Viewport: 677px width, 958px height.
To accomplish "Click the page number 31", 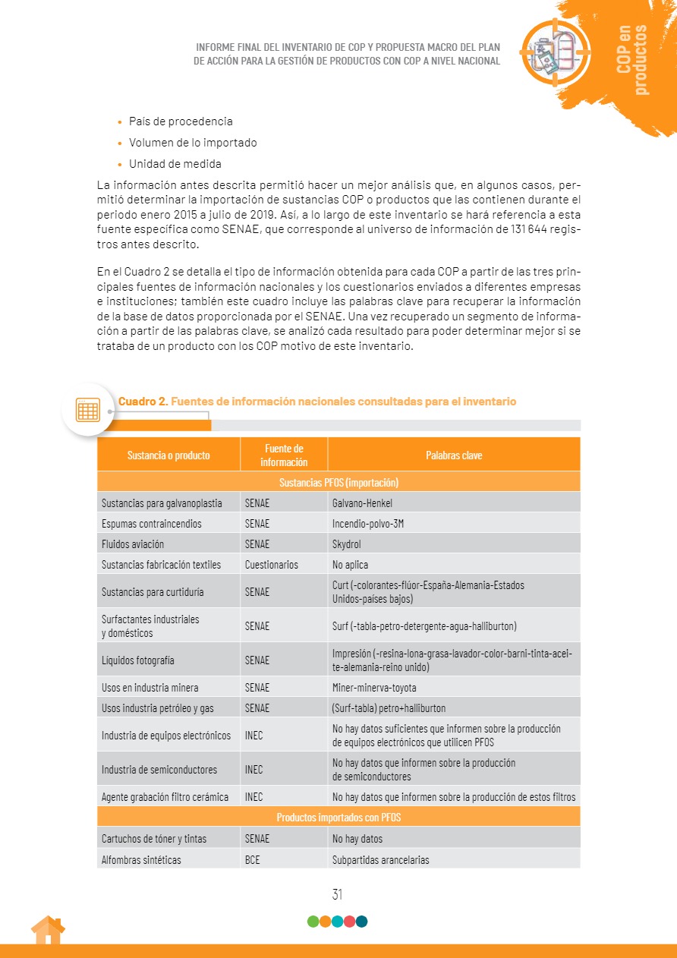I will (338, 894).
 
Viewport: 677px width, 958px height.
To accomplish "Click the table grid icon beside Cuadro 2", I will (87, 409).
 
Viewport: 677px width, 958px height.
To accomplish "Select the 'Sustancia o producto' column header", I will (168, 455).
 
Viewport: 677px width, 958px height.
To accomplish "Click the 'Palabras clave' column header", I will (454, 455).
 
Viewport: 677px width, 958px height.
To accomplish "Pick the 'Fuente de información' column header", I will (284, 455).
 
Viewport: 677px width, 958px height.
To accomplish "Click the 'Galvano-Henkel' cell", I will (362, 503).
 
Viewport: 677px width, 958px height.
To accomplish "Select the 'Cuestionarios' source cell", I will (271, 565).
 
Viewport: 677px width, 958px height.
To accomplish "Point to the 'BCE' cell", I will (253, 860).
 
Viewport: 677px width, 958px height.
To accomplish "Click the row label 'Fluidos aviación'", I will (133, 544).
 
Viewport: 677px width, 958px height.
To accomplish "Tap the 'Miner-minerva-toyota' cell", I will (373, 688).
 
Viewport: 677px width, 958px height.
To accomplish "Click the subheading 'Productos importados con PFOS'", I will (338, 818).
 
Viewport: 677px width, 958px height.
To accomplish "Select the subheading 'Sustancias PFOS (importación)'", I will (338, 483).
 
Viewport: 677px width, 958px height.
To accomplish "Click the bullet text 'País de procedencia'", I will (181, 121).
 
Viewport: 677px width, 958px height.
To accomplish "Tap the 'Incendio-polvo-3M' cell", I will (367, 524).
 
